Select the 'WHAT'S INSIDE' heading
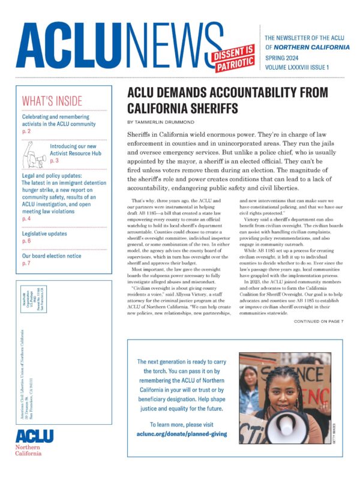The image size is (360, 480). [x=52, y=101]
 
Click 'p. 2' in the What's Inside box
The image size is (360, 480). [x=26, y=130]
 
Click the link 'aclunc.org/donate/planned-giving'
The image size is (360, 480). [x=181, y=433]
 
